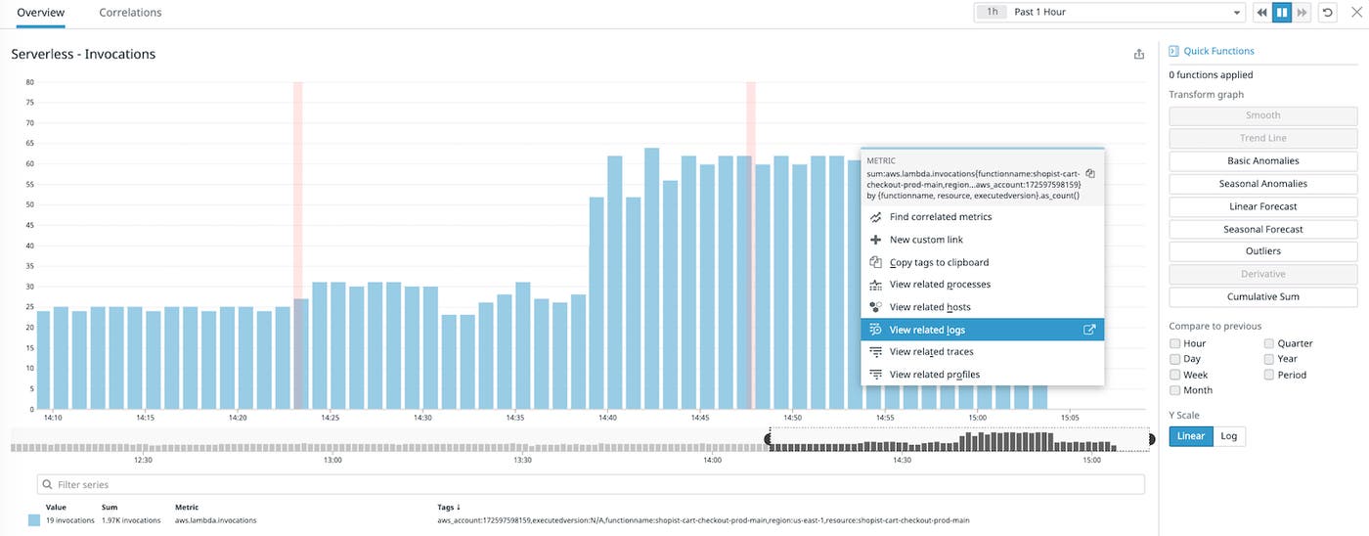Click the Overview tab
coord(41,13)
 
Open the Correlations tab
coord(130,13)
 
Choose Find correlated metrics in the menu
coord(940,217)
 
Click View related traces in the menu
coord(931,352)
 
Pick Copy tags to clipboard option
coord(939,262)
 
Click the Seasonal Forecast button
coord(1262,229)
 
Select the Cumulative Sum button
coord(1262,296)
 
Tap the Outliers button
coord(1262,251)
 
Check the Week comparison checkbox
coord(1175,375)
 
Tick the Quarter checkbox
coord(1269,343)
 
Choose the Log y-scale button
coord(1229,436)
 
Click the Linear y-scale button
coord(1190,436)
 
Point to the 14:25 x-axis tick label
coord(330,418)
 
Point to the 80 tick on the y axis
coord(30,82)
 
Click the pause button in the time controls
coord(1281,13)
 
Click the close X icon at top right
coord(1354,13)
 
